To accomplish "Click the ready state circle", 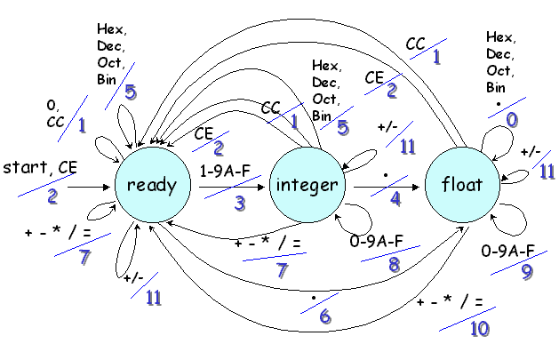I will click(x=152, y=186).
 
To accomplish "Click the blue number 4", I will click(x=395, y=200).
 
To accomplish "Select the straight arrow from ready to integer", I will click(x=232, y=187).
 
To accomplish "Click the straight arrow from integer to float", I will click(x=388, y=187).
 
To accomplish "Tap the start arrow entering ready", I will click(x=90, y=188).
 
